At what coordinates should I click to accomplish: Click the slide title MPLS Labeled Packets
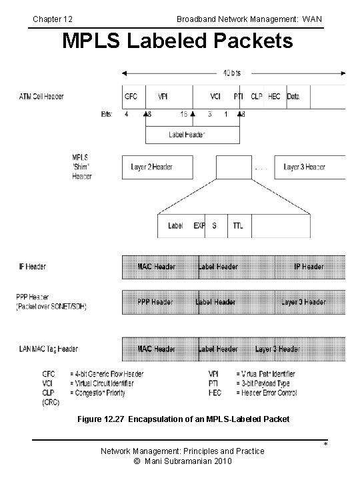coord(177,41)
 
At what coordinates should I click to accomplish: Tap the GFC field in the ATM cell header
coord(131,96)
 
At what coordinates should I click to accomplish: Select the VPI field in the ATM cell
coord(163,96)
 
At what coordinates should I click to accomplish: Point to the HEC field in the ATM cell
coord(274,96)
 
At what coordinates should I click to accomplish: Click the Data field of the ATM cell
coord(293,96)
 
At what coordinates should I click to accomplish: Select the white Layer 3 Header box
coord(304,167)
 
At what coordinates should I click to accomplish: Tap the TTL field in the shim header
coord(238,225)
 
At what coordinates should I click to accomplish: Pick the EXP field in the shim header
coord(199,225)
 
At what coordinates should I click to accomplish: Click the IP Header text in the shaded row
coord(309,267)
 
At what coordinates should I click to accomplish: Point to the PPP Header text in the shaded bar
coord(156,302)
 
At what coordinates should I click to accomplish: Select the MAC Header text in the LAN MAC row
coord(156,349)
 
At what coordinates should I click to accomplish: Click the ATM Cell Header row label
coord(41,96)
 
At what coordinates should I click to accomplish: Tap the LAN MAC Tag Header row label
coord(48,349)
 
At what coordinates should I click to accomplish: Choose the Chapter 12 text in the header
coord(53,19)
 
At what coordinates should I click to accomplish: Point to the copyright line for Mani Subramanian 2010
coord(182,461)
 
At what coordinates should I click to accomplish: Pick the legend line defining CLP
coord(87,393)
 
